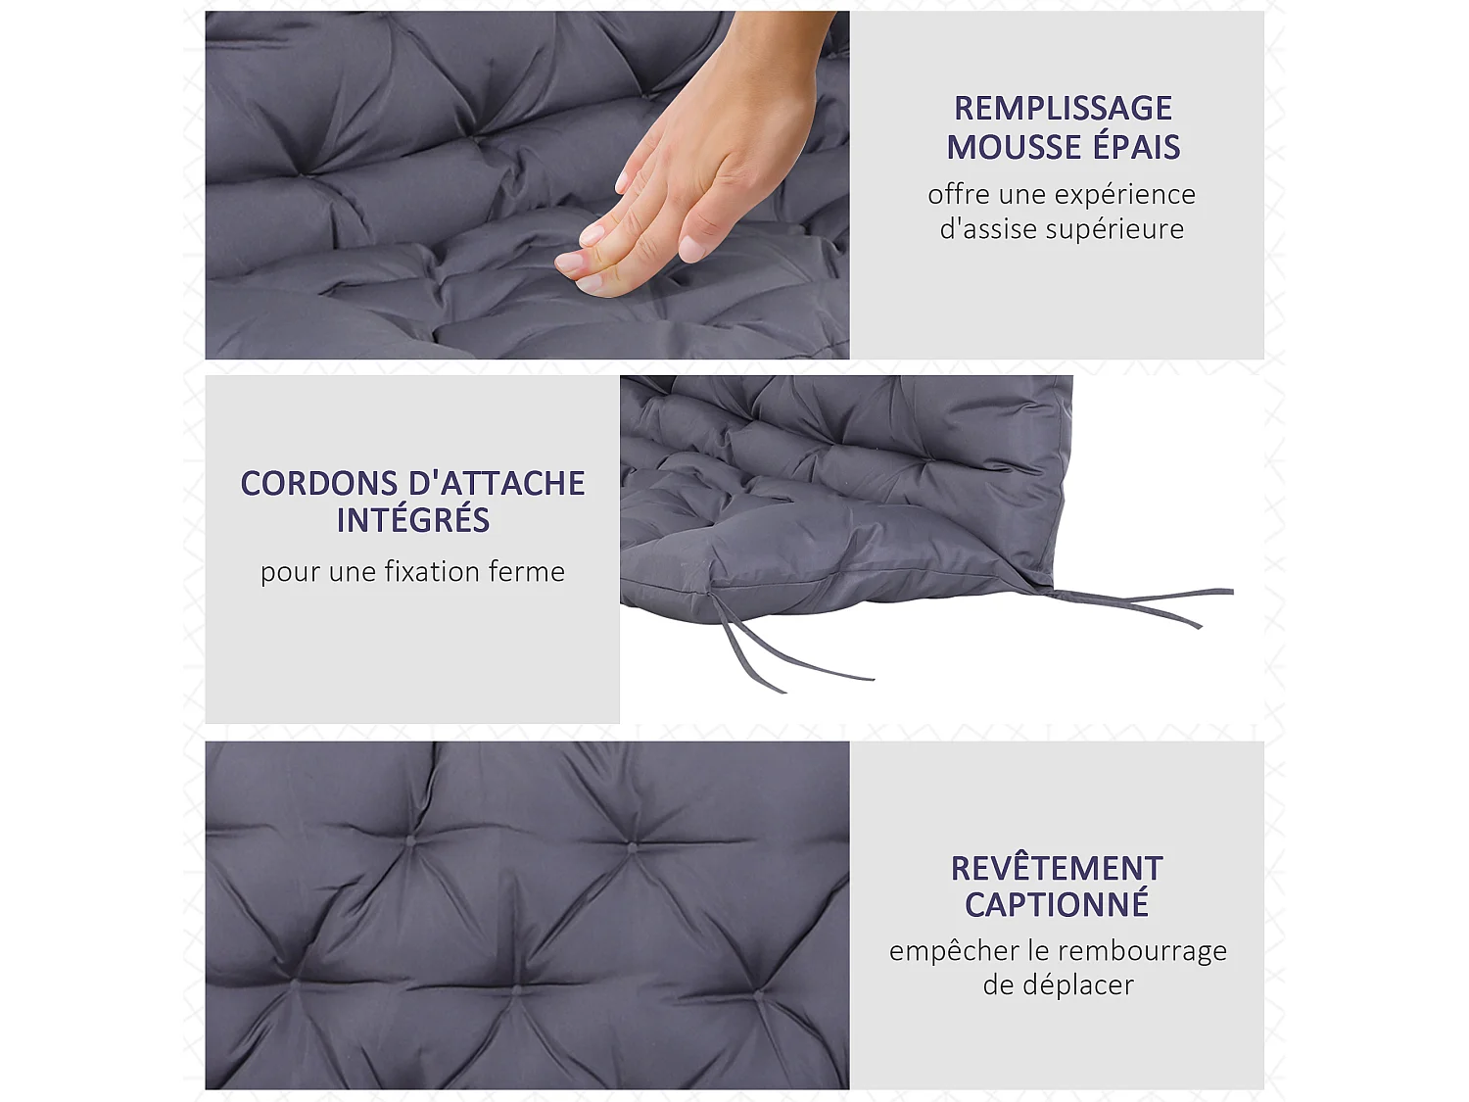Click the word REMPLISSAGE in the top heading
1063,108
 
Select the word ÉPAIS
1137,147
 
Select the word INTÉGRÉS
412,520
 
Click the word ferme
532,571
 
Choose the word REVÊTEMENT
1057,869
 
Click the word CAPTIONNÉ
1057,905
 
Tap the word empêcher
940,951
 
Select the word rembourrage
1142,951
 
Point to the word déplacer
1077,985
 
